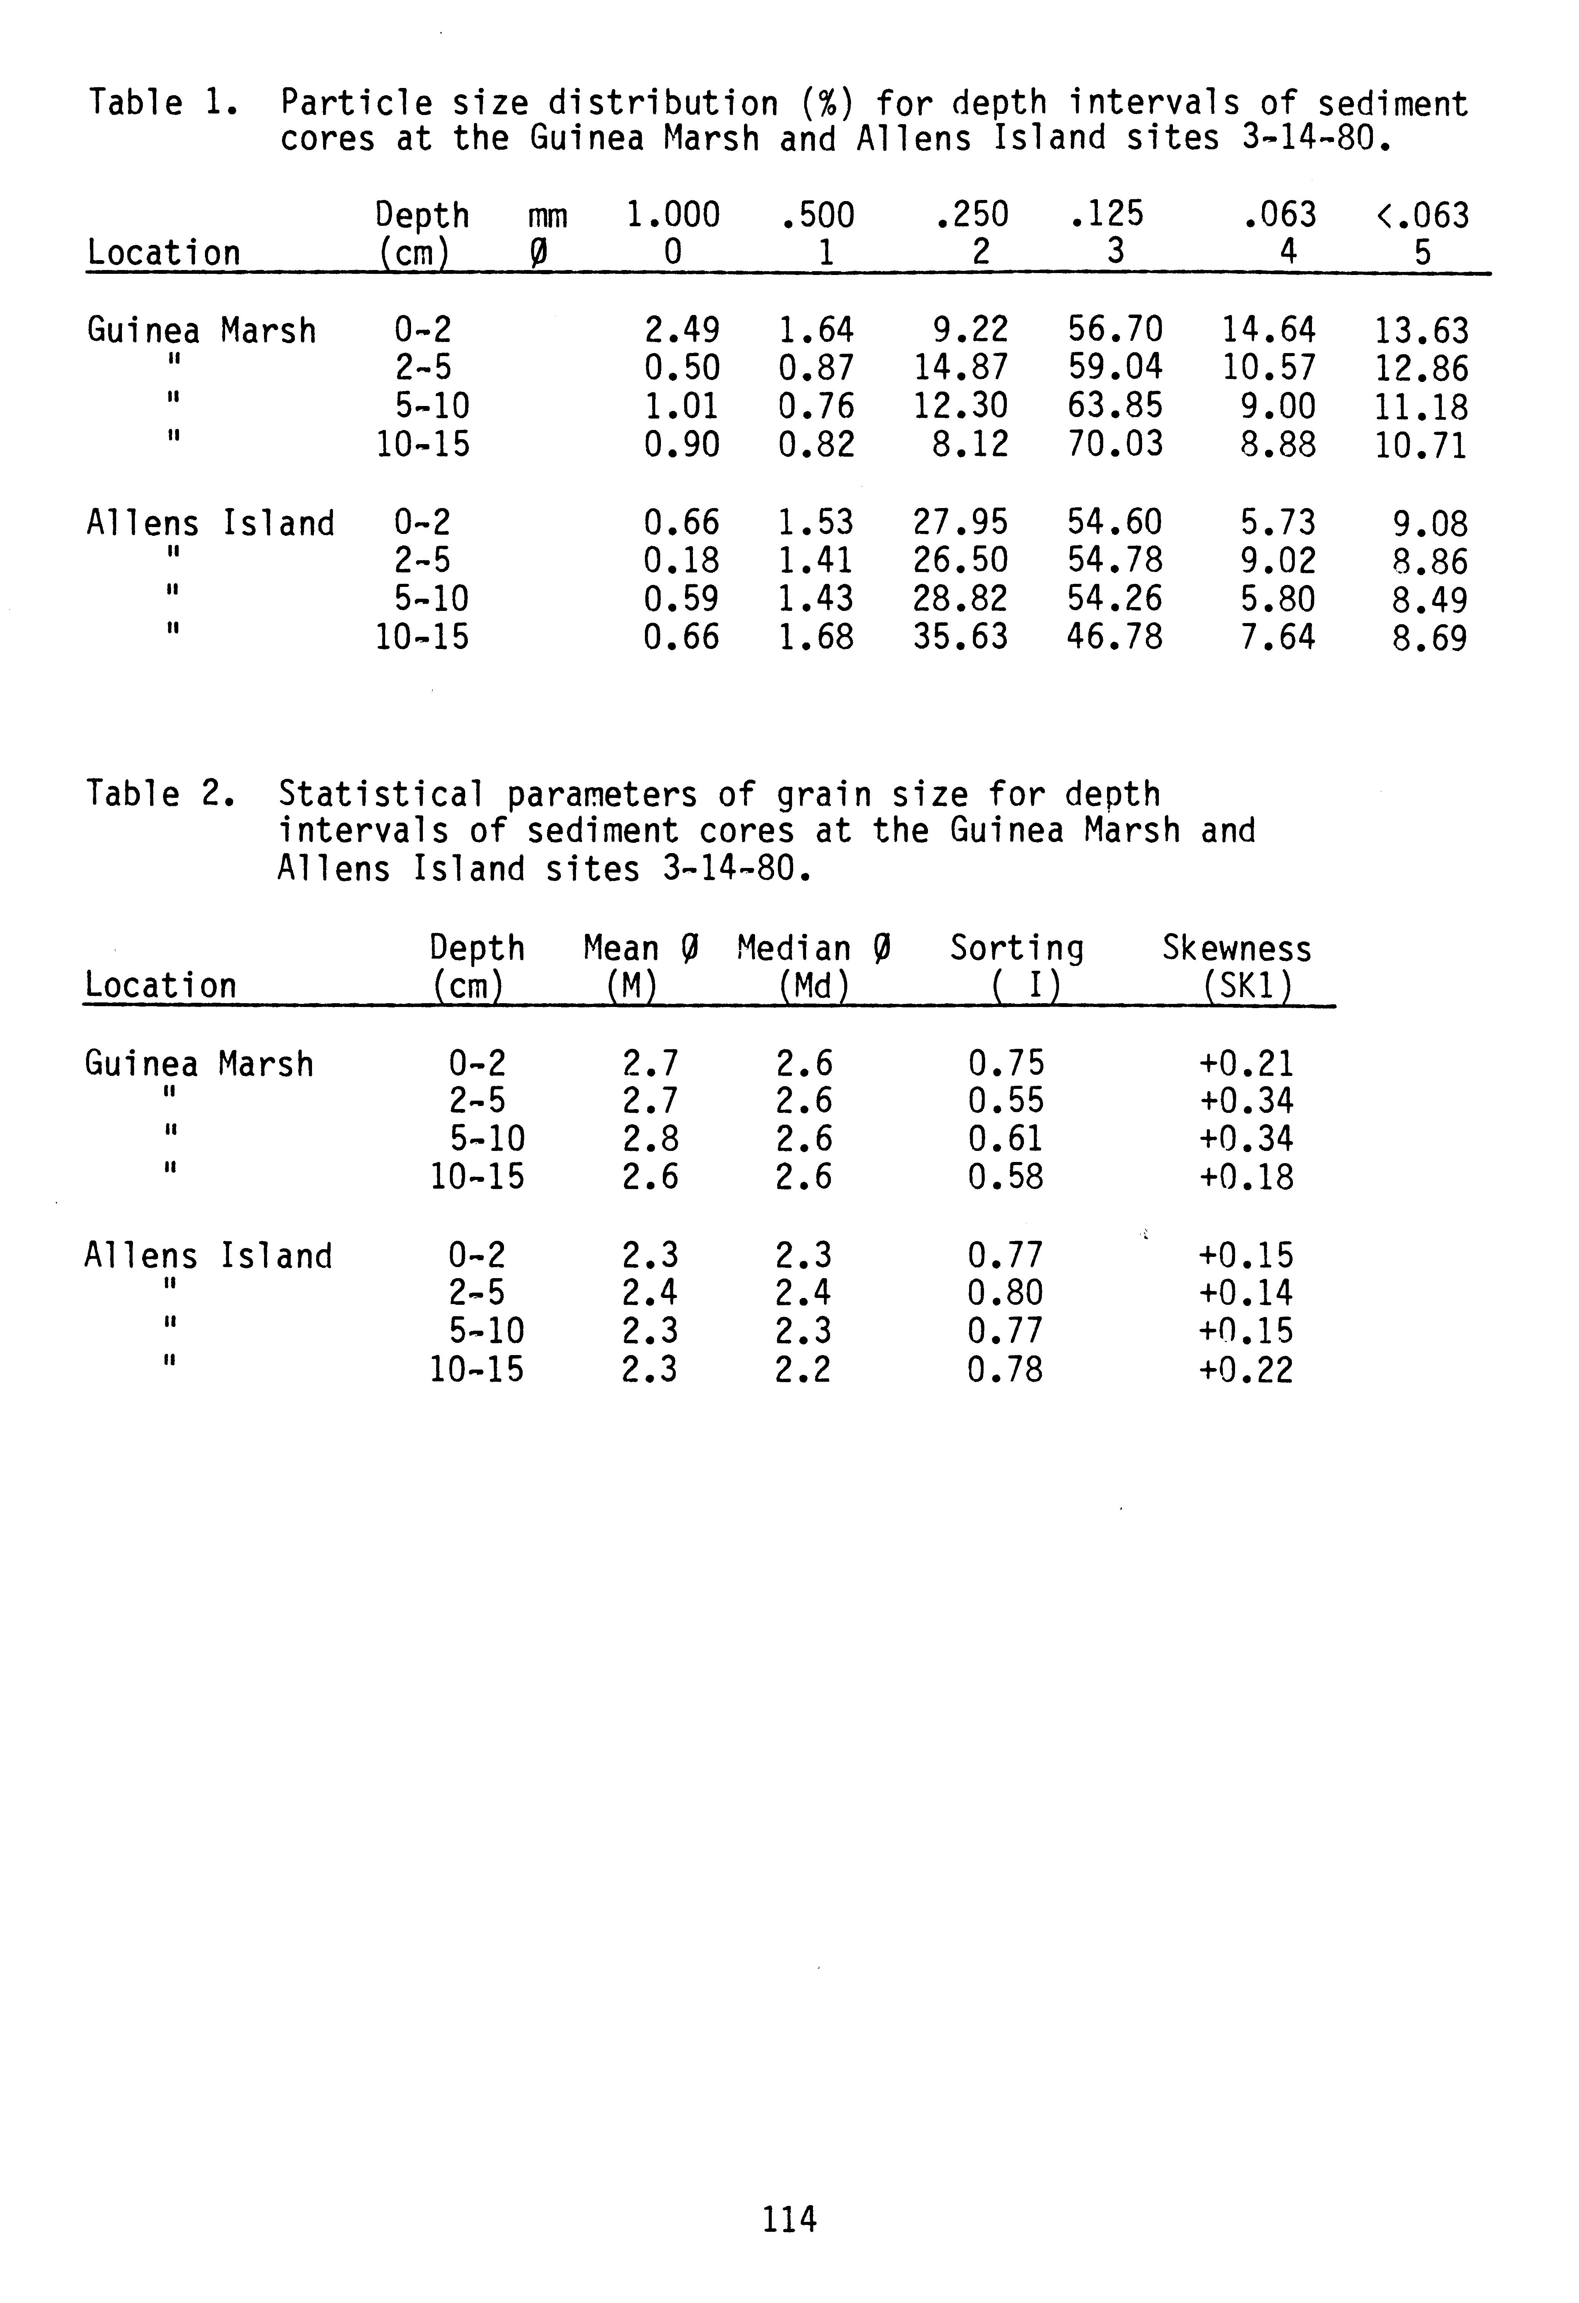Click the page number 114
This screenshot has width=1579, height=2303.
click(x=790, y=2219)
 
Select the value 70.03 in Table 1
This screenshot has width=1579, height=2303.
click(x=1115, y=444)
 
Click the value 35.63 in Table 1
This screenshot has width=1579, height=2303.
click(x=960, y=636)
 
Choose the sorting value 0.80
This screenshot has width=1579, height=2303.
click(x=1006, y=1293)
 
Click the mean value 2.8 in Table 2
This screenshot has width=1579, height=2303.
click(x=650, y=1139)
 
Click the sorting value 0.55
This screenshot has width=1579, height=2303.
click(x=1006, y=1101)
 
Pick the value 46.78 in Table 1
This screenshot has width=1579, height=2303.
click(x=1115, y=636)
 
